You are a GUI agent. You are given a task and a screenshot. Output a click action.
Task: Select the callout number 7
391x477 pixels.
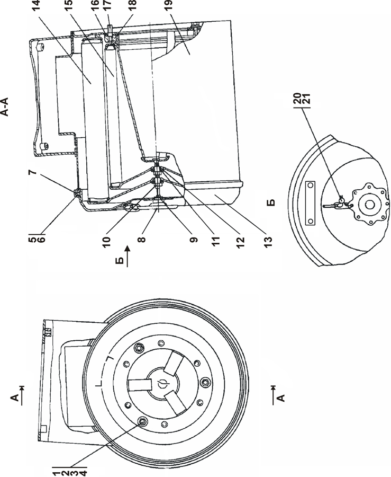coord(33,172)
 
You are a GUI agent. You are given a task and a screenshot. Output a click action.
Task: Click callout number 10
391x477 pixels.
coord(107,242)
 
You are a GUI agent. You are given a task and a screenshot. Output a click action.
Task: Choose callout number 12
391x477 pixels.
coord(240,242)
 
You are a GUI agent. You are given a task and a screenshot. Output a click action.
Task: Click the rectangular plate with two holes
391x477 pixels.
coord(310,203)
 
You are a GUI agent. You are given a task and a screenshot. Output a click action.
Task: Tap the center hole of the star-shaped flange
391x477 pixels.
coord(369,205)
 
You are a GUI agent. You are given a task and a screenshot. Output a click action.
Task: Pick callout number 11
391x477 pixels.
coord(215,242)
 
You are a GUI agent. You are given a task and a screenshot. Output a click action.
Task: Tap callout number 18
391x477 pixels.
coord(133,5)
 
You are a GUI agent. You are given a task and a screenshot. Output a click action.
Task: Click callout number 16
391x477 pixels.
coord(95,5)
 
